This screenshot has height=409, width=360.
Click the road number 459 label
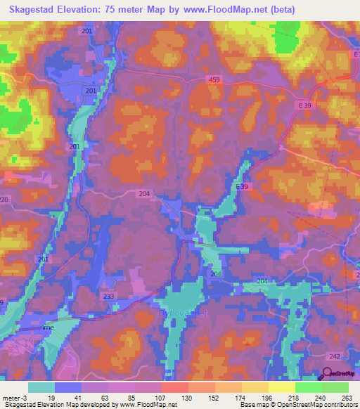tap(214, 81)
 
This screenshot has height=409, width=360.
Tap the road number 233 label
tap(108, 297)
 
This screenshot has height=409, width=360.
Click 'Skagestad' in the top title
tap(30, 9)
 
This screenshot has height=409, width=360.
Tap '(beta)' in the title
tap(280, 9)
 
